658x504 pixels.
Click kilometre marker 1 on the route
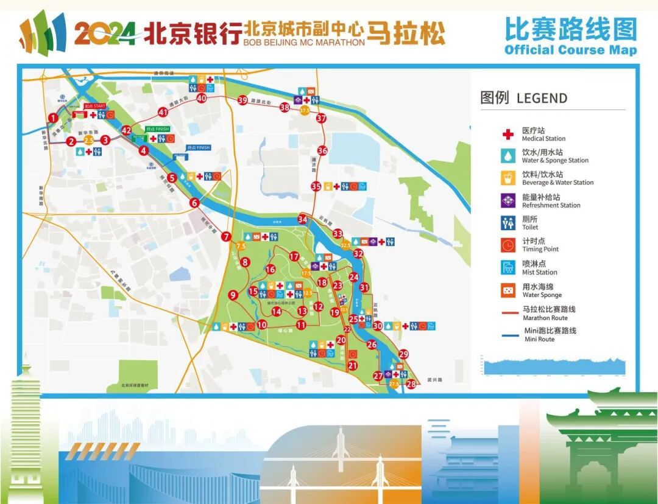[54, 118]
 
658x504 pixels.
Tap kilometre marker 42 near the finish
[127, 130]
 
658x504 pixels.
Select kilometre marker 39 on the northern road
[242, 100]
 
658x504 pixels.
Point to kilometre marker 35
[316, 186]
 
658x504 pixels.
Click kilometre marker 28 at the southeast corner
[411, 384]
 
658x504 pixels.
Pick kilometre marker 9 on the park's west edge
[232, 295]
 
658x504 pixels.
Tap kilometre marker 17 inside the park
[294, 257]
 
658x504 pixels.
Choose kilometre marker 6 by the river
[194, 203]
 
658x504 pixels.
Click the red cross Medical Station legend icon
[508, 134]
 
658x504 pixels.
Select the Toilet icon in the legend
[508, 223]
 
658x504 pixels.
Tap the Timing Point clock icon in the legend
[508, 245]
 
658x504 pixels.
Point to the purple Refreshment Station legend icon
[508, 200]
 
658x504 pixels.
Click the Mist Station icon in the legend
[508, 267]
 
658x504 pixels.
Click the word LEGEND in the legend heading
[542, 98]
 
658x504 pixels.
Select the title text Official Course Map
[570, 50]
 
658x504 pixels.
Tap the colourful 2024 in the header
[105, 33]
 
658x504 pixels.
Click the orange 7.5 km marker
[241, 246]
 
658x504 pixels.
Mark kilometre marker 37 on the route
[321, 119]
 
